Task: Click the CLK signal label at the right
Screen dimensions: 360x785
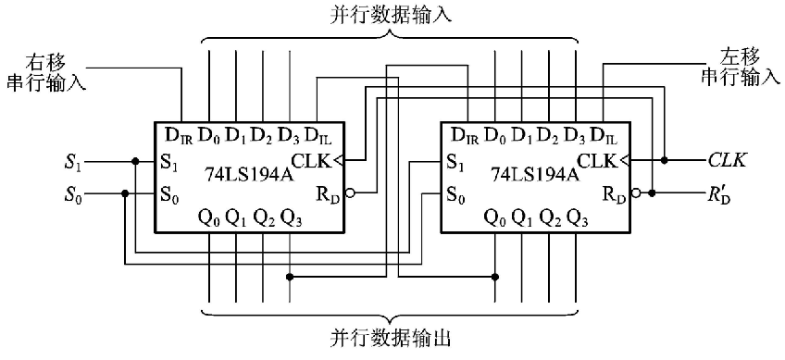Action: coord(728,160)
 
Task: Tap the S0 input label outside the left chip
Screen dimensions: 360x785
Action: coord(73,194)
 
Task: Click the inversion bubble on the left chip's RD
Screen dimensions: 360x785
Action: coord(348,194)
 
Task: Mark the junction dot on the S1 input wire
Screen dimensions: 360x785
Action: coord(135,161)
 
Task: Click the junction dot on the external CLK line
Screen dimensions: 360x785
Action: coord(665,160)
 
